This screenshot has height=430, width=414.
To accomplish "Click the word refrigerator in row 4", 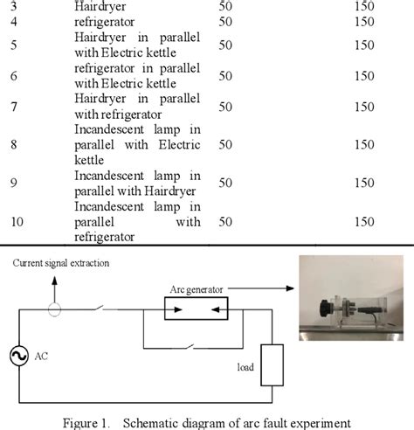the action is tap(105, 20).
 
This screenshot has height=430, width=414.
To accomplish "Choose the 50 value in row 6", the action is tap(226, 76).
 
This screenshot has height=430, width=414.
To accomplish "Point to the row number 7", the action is tap(13, 107).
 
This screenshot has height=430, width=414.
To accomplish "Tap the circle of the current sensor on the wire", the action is tap(54, 309).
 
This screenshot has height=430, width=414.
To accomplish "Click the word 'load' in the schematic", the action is tap(246, 367).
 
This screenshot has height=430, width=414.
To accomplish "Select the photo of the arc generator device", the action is tap(348, 297).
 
